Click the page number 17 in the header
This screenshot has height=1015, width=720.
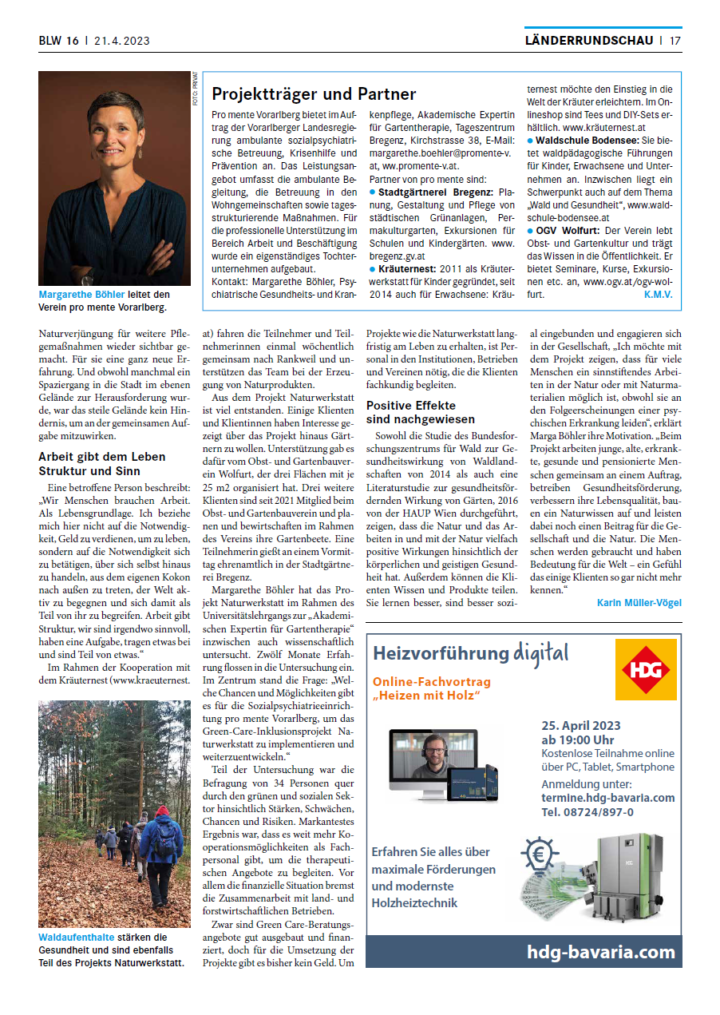click(675, 41)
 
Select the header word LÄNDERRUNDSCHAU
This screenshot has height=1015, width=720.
click(589, 41)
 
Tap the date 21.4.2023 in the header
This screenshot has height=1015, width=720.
click(121, 41)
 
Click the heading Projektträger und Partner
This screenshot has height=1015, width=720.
click(314, 95)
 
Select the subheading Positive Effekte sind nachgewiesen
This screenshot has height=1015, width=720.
click(420, 412)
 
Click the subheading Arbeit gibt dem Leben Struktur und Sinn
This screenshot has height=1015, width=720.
click(102, 463)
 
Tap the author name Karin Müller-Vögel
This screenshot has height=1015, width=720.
click(639, 602)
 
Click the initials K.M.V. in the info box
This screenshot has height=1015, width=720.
click(658, 294)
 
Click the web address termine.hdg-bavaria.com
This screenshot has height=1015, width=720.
click(607, 798)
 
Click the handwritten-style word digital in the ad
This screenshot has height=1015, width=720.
click(541, 654)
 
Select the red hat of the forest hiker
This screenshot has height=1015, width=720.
click(163, 811)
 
